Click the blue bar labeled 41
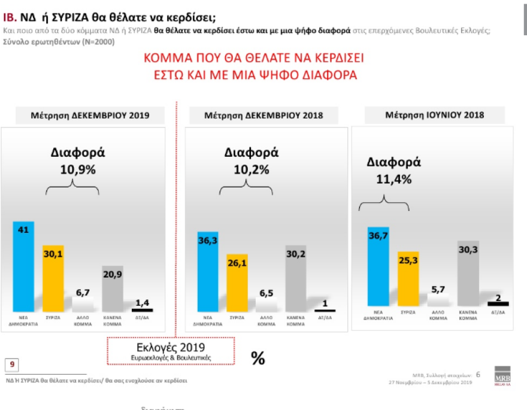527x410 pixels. click(24, 266)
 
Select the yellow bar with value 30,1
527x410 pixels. click(53, 278)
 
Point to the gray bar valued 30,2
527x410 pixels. click(295, 278)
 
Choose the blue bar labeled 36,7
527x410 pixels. click(378, 266)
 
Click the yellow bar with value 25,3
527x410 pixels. click(408, 279)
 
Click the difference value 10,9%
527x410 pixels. click(77, 169)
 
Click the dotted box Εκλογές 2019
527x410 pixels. click(171, 351)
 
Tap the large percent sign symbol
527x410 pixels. click(258, 358)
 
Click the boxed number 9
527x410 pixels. click(12, 364)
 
